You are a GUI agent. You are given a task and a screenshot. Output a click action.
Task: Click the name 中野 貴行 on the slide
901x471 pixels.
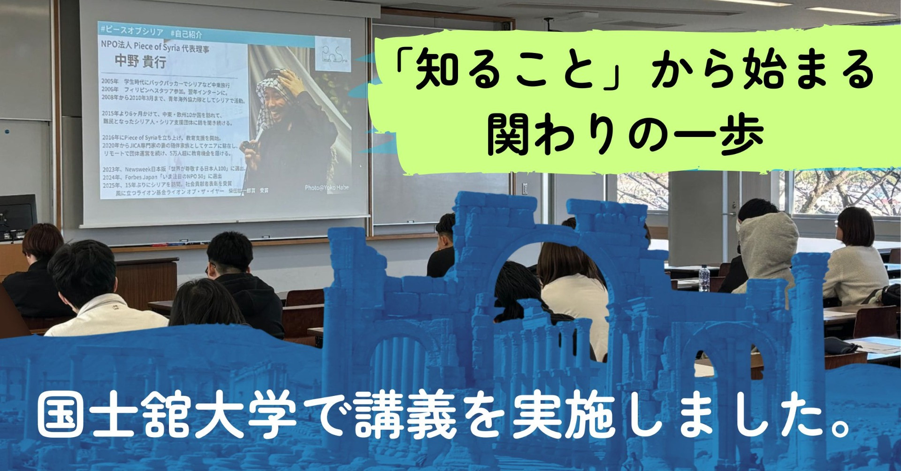(x=140, y=62)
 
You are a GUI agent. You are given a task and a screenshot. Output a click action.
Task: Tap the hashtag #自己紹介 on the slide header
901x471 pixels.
(x=186, y=34)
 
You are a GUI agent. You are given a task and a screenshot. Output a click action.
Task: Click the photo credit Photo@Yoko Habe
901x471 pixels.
(x=327, y=188)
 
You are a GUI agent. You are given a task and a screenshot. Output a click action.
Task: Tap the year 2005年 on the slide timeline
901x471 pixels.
(x=110, y=81)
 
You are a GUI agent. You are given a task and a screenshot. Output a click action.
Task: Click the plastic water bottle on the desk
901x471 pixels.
(x=703, y=278)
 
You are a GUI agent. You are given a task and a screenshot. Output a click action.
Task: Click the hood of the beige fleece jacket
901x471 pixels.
(x=770, y=230)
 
